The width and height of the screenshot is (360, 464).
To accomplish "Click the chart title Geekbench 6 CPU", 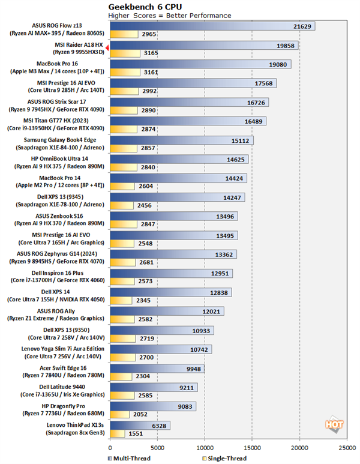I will [139, 5].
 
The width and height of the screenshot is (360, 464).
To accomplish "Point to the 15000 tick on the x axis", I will [252, 447].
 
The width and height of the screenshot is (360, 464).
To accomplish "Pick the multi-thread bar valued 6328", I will [140, 425].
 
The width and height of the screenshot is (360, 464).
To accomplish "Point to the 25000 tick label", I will [347, 447].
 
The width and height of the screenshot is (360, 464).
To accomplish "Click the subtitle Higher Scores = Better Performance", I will [170, 15].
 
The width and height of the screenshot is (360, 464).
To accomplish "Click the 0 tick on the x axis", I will [110, 447].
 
